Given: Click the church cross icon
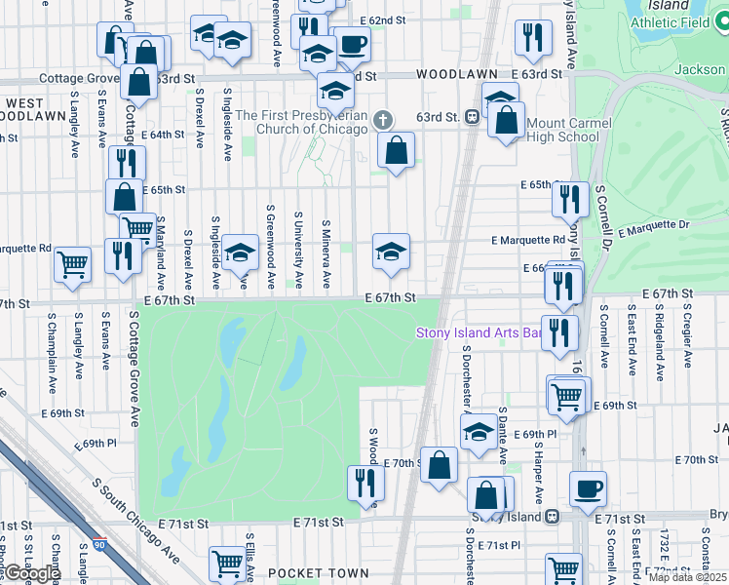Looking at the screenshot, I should pyautogui.click(x=383, y=121).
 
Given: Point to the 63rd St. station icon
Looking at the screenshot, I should pyautogui.click(x=472, y=117).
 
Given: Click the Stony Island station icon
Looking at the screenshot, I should pyautogui.click(x=552, y=516).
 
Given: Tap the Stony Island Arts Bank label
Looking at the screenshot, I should pyautogui.click(x=479, y=332).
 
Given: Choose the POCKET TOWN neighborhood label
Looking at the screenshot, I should pyautogui.click(x=319, y=573).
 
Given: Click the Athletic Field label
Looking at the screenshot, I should pyautogui.click(x=671, y=21).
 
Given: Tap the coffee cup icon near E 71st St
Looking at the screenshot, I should pyautogui.click(x=588, y=488).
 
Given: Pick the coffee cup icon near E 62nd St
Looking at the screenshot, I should pyautogui.click(x=353, y=44).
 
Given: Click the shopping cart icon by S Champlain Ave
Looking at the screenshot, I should pyautogui.click(x=73, y=263).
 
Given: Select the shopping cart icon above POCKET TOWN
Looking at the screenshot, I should pyautogui.click(x=227, y=563).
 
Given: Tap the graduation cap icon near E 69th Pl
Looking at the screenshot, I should pyautogui.click(x=478, y=433).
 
